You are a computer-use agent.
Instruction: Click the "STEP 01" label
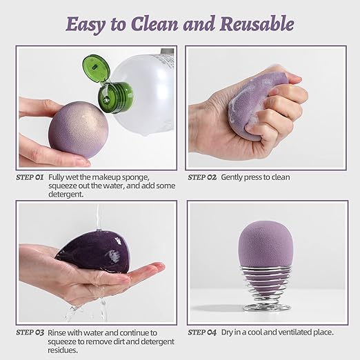30,177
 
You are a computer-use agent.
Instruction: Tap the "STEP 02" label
202,177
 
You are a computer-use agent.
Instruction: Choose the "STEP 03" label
30,332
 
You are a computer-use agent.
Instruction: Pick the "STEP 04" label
202,332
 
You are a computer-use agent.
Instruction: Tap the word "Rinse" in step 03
59,332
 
